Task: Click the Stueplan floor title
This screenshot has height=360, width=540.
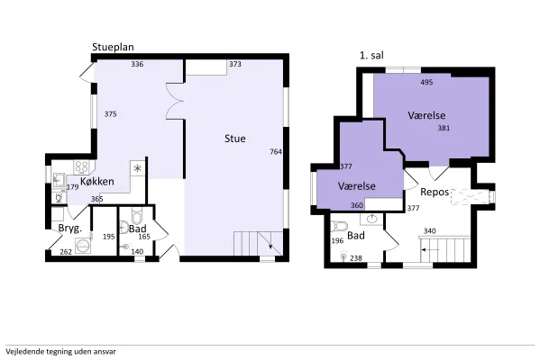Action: [113, 48]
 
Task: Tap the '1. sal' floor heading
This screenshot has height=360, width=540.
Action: [371, 56]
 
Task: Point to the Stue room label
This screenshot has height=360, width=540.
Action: [235, 139]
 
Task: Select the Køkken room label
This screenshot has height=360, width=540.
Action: [97, 181]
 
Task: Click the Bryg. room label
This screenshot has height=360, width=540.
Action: [70, 229]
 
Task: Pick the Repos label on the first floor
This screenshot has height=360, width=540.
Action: [435, 192]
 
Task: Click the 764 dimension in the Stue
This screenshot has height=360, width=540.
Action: [276, 151]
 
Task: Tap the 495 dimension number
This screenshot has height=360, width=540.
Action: [426, 82]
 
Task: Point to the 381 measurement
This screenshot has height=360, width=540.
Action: [444, 128]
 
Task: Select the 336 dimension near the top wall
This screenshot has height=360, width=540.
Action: [137, 64]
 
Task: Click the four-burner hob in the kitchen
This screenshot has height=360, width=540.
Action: [82, 167]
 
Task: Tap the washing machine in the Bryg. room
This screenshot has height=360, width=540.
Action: [83, 246]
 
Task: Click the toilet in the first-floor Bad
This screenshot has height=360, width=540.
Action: [339, 227]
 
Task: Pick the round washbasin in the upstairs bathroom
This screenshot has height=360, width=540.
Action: [372, 219]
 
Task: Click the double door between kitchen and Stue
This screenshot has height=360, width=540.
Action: [175, 101]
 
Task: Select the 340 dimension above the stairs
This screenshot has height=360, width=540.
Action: [429, 230]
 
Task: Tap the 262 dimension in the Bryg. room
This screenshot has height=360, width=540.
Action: [66, 252]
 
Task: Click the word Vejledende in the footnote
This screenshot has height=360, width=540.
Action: [21, 352]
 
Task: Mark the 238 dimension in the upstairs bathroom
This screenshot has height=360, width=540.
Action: [356, 258]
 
